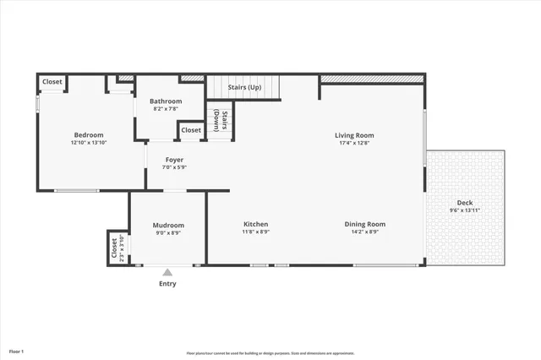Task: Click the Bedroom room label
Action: coord(88,135)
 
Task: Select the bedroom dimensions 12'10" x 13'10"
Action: coord(88,143)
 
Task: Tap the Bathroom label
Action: coord(166,101)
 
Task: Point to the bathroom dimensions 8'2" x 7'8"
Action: coord(166,109)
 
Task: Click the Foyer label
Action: coord(174,160)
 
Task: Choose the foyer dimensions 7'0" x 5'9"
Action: coord(174,167)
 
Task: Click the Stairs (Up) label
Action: coord(244,87)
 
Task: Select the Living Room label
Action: coord(354,135)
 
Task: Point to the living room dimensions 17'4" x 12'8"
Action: coord(354,143)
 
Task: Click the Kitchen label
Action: coord(256,224)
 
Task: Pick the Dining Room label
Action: coord(365,224)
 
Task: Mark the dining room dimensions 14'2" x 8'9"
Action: coord(365,232)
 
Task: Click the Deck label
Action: coord(465,203)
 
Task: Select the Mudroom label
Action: coord(168,225)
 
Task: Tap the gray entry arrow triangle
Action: coord(167,272)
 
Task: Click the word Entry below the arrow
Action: coord(168,284)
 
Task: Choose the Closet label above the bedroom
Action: coord(52,82)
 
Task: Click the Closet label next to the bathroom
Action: coord(191,130)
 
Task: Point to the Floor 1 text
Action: coord(17,351)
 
